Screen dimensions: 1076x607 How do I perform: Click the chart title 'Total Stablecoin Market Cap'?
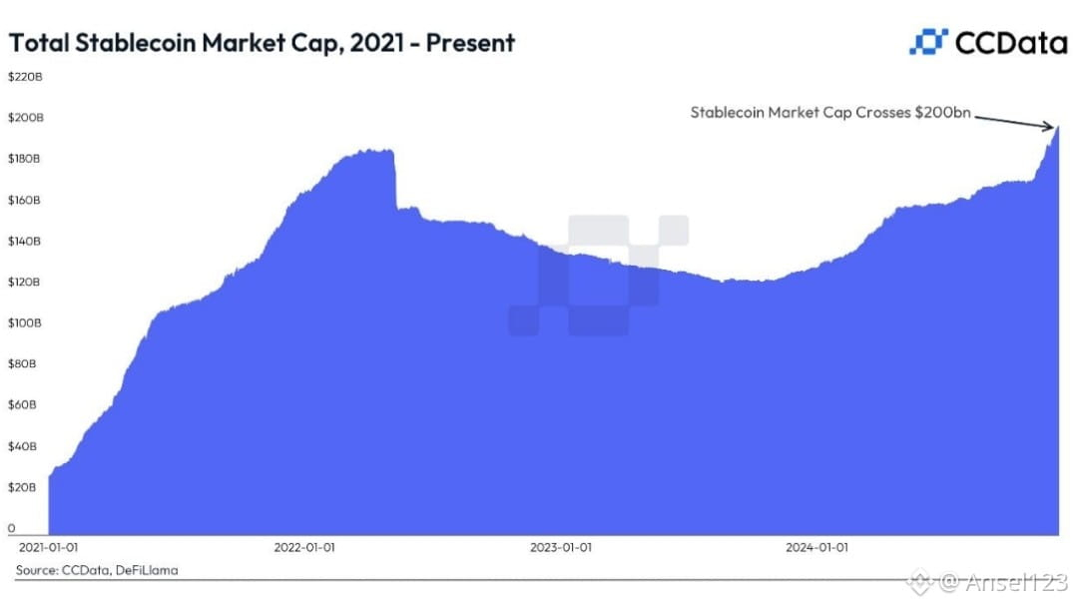pyautogui.click(x=176, y=43)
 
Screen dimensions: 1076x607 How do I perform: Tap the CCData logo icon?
pyautogui.click(x=928, y=42)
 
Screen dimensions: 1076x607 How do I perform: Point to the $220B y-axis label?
pyautogui.click(x=25, y=76)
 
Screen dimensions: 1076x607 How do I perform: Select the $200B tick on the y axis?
pyautogui.click(x=25, y=118)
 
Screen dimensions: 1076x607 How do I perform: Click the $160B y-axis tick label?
pyautogui.click(x=24, y=200)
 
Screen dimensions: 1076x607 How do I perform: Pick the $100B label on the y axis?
pyautogui.click(x=25, y=322)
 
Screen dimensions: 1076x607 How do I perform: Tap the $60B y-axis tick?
pyautogui.click(x=22, y=404)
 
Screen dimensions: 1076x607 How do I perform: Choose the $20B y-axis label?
pyautogui.click(x=22, y=487)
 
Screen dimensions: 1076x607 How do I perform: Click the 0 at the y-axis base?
pyautogui.click(x=11, y=528)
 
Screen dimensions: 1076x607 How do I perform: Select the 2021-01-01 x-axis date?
pyautogui.click(x=48, y=547)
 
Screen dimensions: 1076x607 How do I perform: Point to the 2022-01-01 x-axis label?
pyautogui.click(x=304, y=547)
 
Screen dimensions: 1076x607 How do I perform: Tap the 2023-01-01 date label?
pyautogui.click(x=561, y=547)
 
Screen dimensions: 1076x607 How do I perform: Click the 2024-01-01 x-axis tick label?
pyautogui.click(x=816, y=547)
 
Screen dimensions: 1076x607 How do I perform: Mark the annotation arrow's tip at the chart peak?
pyautogui.click(x=1053, y=127)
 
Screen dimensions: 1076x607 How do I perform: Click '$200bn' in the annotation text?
pyautogui.click(x=942, y=112)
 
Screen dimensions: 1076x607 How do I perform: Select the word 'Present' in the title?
pyautogui.click(x=470, y=43)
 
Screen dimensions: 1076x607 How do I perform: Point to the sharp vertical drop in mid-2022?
pyautogui.click(x=394, y=180)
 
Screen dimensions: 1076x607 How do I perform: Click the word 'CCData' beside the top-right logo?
pyautogui.click(x=1011, y=43)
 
